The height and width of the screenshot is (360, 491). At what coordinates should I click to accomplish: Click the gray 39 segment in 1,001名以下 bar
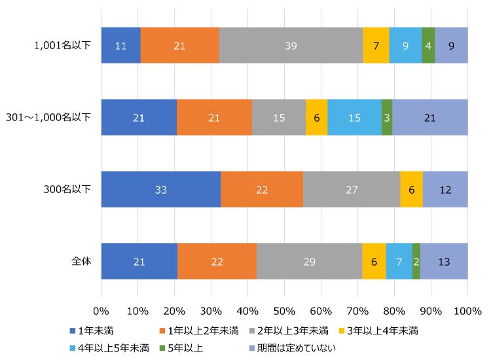pyautogui.click(x=291, y=46)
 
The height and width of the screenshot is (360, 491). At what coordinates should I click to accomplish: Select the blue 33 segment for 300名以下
pyautogui.click(x=161, y=189)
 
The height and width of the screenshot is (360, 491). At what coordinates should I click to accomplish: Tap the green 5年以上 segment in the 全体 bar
pyautogui.click(x=416, y=261)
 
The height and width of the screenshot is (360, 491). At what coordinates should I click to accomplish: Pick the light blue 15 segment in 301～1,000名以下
pyautogui.click(x=354, y=118)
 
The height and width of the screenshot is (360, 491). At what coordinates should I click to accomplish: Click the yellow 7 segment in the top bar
pyautogui.click(x=376, y=46)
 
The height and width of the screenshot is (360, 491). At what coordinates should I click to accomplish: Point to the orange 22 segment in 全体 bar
pyautogui.click(x=217, y=261)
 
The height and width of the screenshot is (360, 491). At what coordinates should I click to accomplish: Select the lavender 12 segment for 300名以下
pyautogui.click(x=445, y=189)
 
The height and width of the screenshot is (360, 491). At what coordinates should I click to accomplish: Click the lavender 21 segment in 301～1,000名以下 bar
pyautogui.click(x=429, y=118)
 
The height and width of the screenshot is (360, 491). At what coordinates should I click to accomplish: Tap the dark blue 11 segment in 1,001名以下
pyautogui.click(x=120, y=46)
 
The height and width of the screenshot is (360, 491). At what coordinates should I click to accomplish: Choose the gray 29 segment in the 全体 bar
pyautogui.click(x=309, y=261)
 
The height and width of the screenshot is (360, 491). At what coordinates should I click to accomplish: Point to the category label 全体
pyautogui.click(x=81, y=261)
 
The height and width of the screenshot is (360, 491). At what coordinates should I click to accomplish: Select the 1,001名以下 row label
pyautogui.click(x=63, y=46)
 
